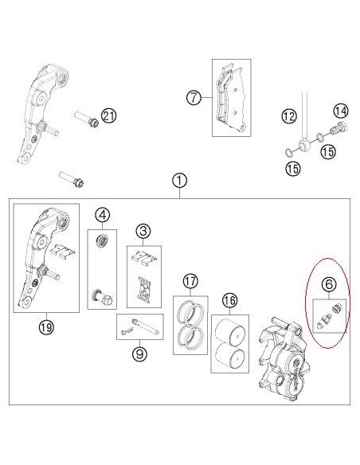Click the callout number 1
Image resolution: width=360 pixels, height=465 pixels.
coord(179,181)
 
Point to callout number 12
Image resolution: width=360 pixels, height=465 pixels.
coord(289,117)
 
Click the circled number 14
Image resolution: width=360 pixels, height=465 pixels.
coord(340,110)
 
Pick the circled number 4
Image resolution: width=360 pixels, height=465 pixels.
coord(102,214)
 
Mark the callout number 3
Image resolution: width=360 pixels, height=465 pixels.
coord(143,232)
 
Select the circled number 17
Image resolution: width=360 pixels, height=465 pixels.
coord(189,281)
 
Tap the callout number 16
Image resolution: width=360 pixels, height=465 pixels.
coord(229,300)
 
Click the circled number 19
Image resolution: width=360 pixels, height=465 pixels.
coord(45,324)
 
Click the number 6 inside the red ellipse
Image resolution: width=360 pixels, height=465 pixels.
coord(327,283)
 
